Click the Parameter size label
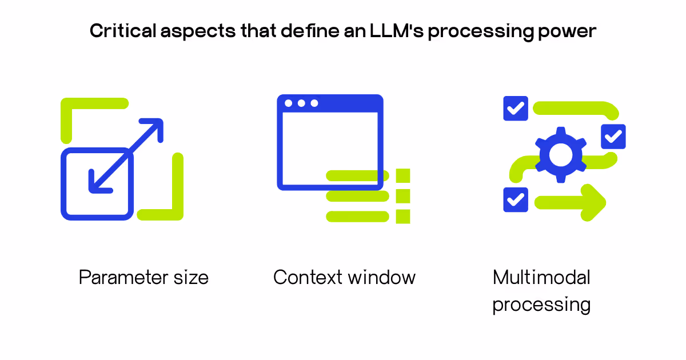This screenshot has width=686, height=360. pyautogui.click(x=143, y=278)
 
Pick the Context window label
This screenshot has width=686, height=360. pyautogui.click(x=344, y=278)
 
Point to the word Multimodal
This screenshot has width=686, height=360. pyautogui.click(x=541, y=278)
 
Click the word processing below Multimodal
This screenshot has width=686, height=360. pyautogui.click(x=541, y=304)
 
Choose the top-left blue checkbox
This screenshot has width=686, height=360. pyautogui.click(x=516, y=108)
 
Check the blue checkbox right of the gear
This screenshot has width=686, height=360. pyautogui.click(x=613, y=137)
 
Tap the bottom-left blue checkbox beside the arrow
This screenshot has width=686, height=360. pyautogui.click(x=516, y=199)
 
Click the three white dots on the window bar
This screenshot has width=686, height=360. pyautogui.click(x=301, y=103)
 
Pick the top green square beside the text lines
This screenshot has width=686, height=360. pyautogui.click(x=403, y=175)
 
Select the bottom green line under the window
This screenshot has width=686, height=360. pyautogui.click(x=357, y=217)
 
